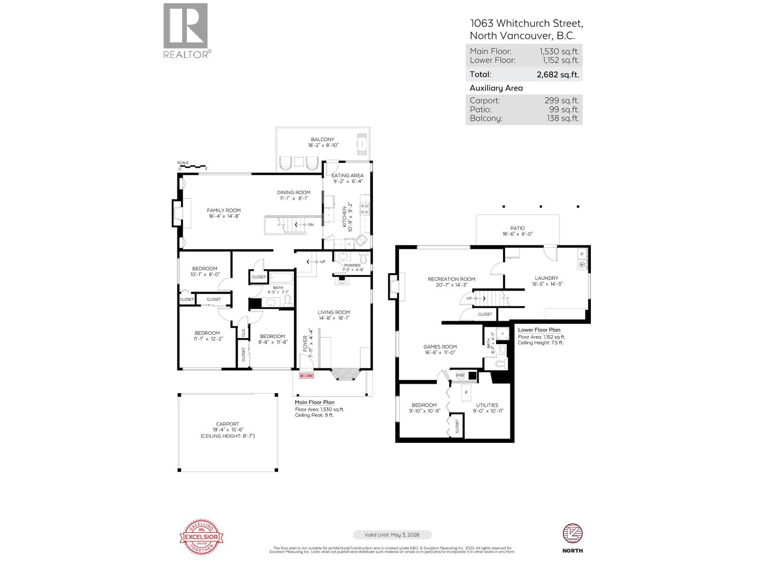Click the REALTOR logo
186,30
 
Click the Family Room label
224,210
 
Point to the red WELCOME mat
306,376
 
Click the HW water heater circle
460,375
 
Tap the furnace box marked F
466,393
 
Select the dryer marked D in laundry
582,253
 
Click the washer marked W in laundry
582,264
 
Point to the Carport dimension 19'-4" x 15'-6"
227,429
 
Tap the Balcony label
323,140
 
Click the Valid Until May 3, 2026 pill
392,535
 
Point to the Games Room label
440,347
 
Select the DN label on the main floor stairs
311,225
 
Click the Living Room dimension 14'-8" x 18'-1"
334,317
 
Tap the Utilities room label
487,405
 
